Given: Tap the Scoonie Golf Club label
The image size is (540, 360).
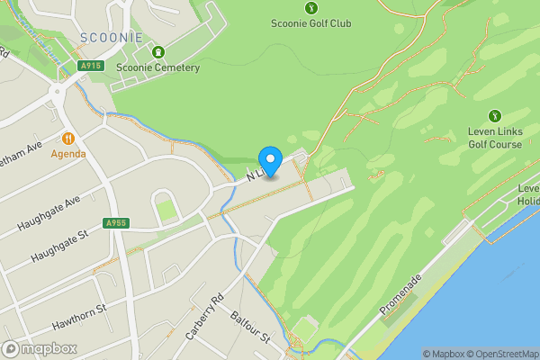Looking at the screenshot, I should click(310, 23).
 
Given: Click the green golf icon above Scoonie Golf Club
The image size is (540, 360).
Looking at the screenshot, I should click(310, 8).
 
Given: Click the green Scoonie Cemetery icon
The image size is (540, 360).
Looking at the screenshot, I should click(158, 50).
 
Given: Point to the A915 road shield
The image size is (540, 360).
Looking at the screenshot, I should click(89, 66).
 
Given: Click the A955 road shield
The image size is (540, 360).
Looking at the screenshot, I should click(114, 223).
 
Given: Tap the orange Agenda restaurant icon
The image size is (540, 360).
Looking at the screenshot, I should click(68, 139).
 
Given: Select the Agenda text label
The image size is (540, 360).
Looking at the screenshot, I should click(68, 153).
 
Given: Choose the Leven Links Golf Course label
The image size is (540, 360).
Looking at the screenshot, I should click(494, 138).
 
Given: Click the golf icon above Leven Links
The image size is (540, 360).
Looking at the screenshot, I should click(494, 115).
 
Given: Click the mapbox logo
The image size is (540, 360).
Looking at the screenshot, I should click(40, 348).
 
